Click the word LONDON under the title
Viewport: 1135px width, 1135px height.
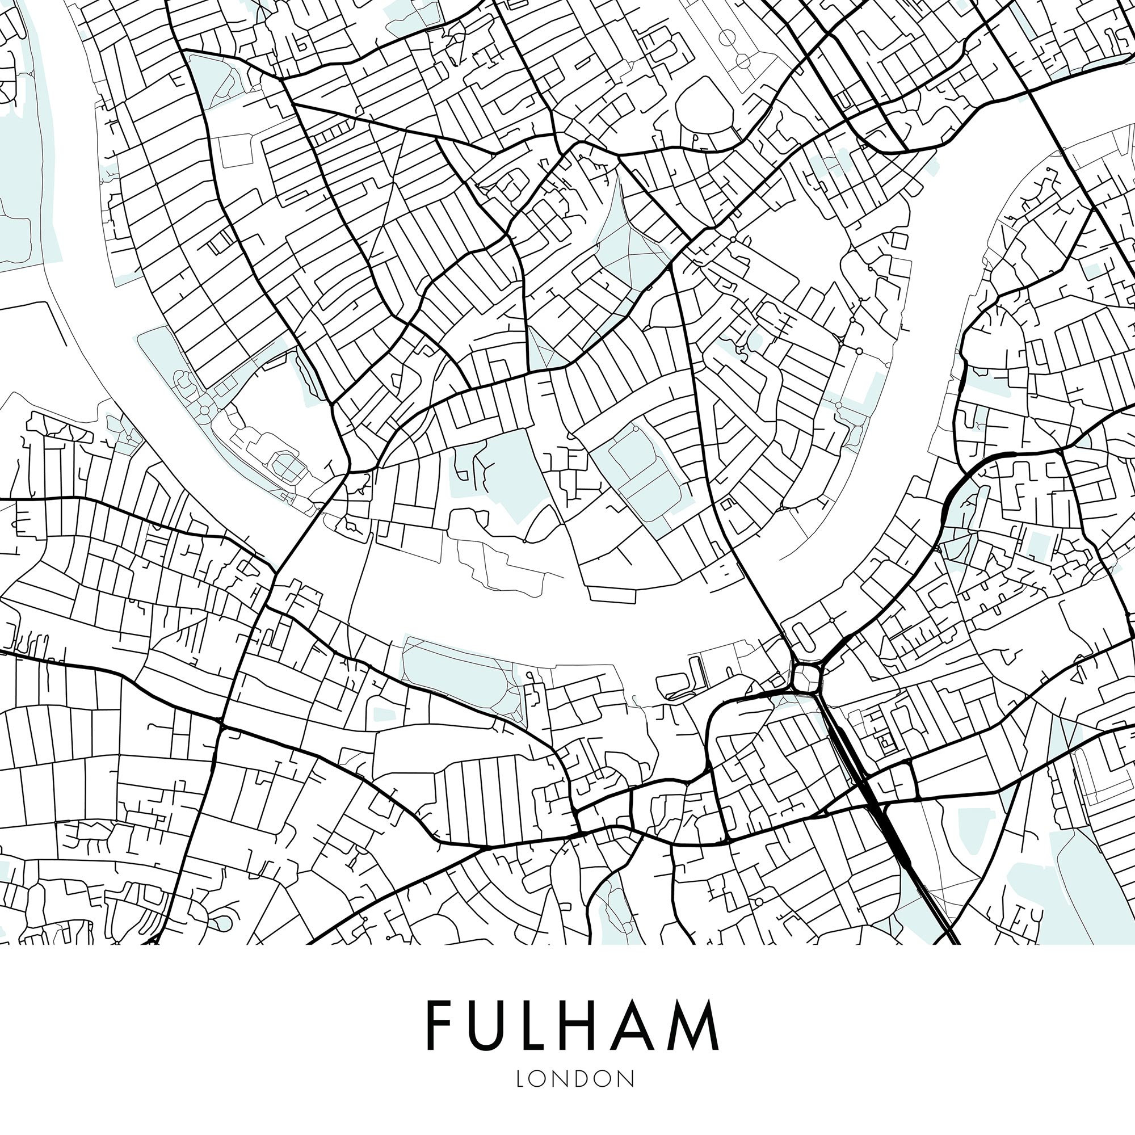[x=575, y=1079]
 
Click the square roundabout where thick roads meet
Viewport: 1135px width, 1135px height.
[x=805, y=678]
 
